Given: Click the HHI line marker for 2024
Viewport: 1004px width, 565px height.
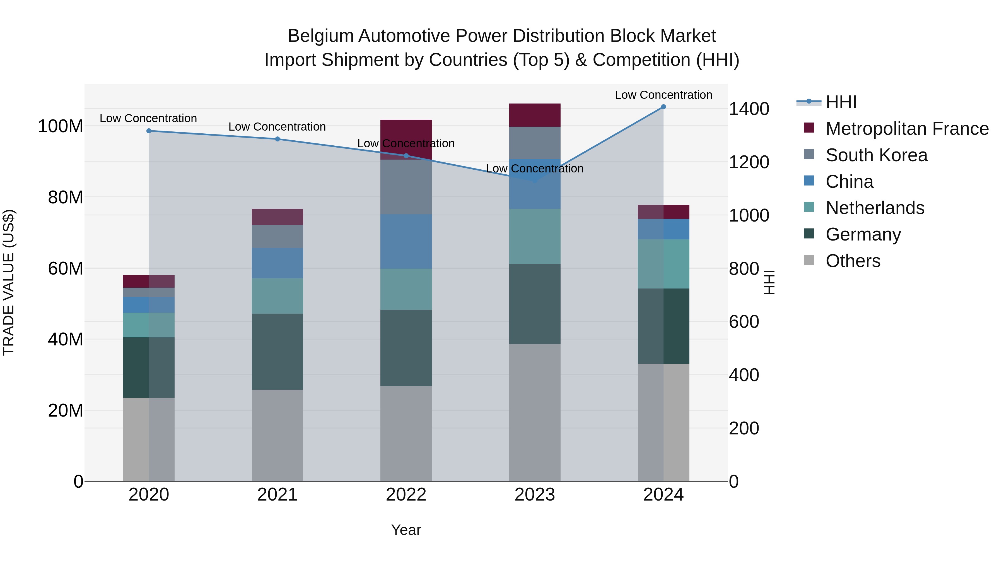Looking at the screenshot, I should pos(663,107).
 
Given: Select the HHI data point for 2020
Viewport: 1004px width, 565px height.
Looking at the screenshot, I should pos(149,131).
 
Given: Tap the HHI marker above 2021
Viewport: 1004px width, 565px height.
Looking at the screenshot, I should pos(277,139).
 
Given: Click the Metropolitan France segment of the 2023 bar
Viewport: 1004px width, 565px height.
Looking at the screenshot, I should pos(535,116).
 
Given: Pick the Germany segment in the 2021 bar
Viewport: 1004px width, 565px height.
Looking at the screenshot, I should pos(277,352).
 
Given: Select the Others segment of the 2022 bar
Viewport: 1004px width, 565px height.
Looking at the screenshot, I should pos(406,434).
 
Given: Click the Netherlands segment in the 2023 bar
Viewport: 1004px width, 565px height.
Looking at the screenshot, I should pos(535,236).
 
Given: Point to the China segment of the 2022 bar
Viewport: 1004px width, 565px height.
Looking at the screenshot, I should pos(406,241).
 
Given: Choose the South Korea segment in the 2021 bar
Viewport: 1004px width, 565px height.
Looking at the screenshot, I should pos(277,236).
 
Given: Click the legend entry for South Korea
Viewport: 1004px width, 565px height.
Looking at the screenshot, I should pos(876,155).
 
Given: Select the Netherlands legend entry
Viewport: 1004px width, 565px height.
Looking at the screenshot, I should pos(875,208).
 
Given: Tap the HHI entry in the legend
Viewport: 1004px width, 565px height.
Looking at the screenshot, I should pos(841,102).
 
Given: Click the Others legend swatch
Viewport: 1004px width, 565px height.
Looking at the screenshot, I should pos(809,260).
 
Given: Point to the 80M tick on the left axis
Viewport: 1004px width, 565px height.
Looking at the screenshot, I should pos(66,197).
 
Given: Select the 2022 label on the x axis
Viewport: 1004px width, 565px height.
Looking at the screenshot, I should pos(406,495).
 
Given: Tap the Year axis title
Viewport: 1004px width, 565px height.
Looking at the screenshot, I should pos(406,530).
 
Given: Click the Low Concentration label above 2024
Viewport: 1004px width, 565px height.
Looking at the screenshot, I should pos(663,95).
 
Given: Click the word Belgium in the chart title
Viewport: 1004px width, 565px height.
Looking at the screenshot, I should pos(320,36).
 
